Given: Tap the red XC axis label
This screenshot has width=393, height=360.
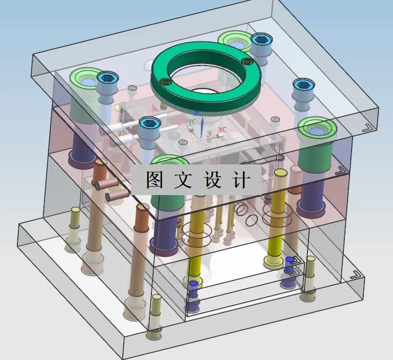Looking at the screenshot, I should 222,130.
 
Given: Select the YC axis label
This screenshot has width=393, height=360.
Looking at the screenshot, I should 192,122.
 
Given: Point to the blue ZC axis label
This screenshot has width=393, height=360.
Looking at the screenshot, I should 198,113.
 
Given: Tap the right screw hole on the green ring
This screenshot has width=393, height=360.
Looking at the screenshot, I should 249,62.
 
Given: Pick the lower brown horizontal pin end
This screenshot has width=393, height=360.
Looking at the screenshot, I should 108,196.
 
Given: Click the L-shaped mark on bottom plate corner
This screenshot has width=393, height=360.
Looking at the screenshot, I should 354,274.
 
